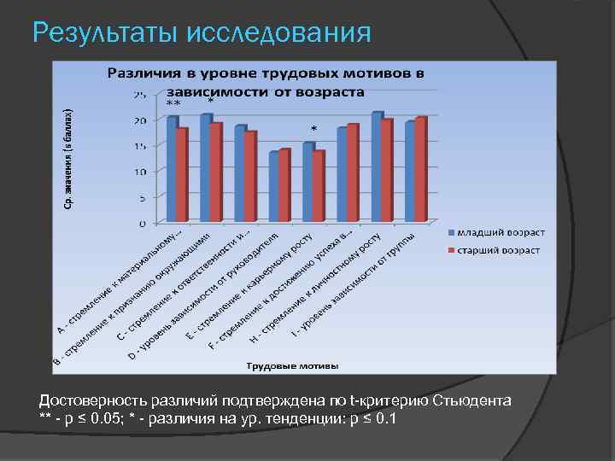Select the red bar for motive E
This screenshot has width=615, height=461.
(x=319, y=187)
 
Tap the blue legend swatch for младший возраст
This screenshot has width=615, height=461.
(x=450, y=233)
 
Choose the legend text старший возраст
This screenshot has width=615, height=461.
(x=499, y=250)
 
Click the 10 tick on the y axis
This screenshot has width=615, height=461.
(x=139, y=172)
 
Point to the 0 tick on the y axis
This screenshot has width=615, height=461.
(x=142, y=224)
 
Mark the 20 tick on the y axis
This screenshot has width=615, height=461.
(x=139, y=120)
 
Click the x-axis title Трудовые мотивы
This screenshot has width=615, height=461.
(x=293, y=365)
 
